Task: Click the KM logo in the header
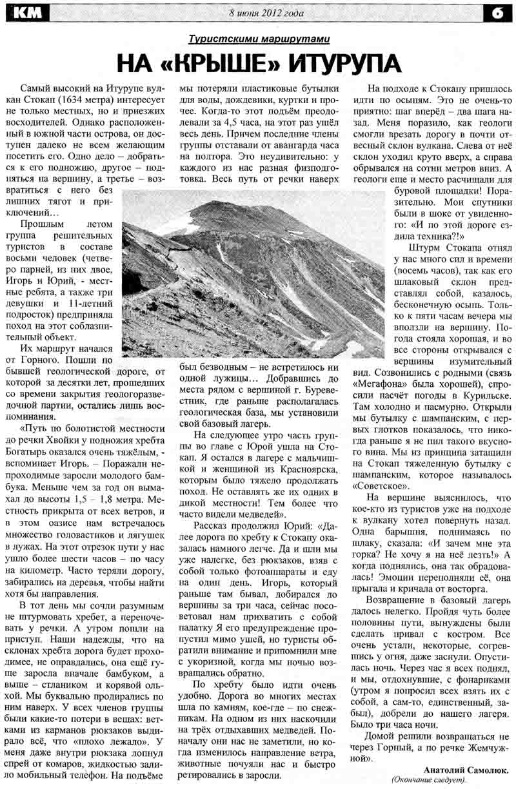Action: click(x=30, y=11)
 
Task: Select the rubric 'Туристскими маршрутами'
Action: click(x=259, y=39)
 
